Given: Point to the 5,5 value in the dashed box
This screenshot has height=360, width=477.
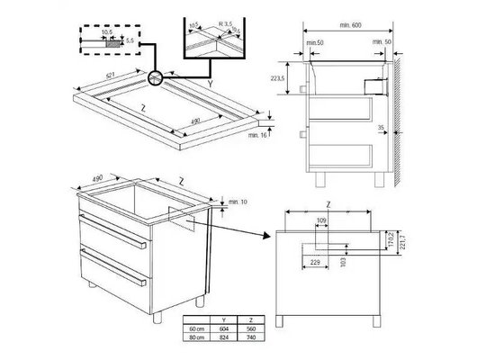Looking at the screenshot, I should point(130,41).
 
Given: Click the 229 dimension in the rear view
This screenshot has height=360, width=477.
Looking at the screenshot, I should point(314,262).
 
